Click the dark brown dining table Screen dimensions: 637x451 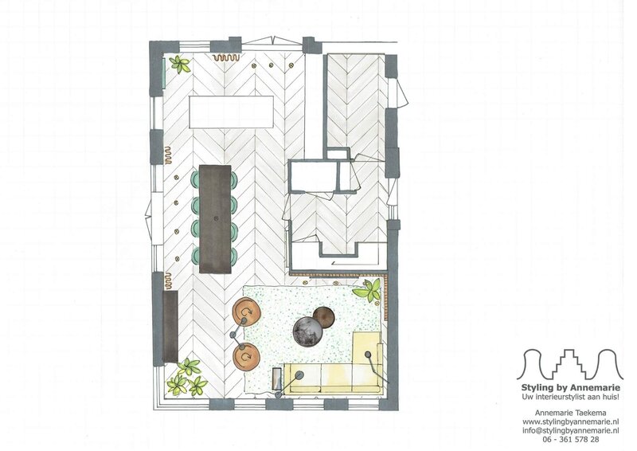click(215, 219)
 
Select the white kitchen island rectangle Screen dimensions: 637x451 click(232, 112)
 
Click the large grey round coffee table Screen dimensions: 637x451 click(307, 331)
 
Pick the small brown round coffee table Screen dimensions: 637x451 click(325, 317)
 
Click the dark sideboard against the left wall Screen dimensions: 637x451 click(170, 327)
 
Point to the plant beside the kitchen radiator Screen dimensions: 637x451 click(180, 65)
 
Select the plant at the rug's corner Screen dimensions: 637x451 click(368, 290)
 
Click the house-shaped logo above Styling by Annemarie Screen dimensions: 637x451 click(569, 364)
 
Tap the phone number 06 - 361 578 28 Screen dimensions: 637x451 click(570, 439)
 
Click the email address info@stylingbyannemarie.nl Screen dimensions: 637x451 click(570, 430)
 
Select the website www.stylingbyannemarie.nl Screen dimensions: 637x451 click(570, 422)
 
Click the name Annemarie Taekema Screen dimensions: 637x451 click(570, 413)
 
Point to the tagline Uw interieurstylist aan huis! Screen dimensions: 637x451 click(570, 397)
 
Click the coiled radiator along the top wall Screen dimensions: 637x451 click(225, 57)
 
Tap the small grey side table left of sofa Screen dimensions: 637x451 click(278, 378)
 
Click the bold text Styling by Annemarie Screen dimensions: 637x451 click(570, 387)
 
